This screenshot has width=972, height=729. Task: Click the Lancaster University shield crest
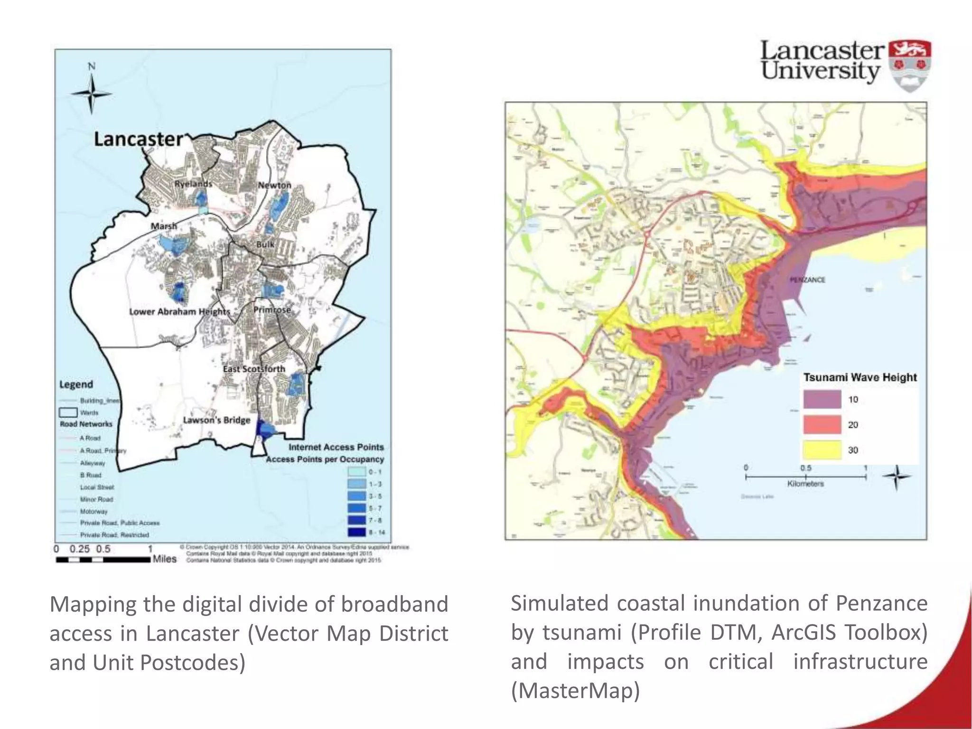(909, 65)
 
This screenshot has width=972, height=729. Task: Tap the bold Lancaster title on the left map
(138, 139)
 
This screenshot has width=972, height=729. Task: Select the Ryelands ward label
(193, 184)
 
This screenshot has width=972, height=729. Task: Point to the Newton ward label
(274, 185)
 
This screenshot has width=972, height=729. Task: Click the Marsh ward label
(164, 226)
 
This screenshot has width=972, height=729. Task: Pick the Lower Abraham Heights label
(179, 312)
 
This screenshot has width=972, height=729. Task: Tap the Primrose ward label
(271, 310)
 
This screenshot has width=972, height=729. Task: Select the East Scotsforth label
(254, 369)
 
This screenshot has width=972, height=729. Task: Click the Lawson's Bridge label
(216, 420)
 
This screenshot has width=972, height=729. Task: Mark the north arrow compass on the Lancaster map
(92, 93)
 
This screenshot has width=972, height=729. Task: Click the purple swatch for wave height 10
(822, 399)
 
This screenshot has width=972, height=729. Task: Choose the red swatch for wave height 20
(822, 424)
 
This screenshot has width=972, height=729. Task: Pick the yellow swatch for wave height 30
(822, 449)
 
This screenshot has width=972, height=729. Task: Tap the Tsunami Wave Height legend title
(860, 377)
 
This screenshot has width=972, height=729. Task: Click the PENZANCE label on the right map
(807, 280)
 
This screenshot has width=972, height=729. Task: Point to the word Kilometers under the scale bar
(805, 484)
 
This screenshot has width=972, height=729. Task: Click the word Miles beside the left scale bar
(164, 559)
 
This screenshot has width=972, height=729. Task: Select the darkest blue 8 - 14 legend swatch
(356, 533)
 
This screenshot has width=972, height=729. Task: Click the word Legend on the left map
(76, 384)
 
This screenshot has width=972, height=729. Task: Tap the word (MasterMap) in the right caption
(575, 691)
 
